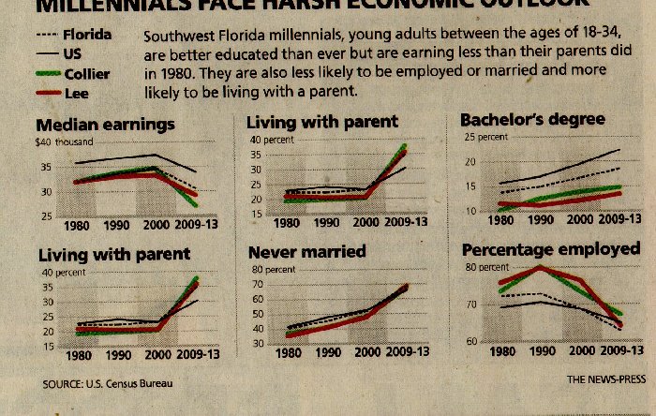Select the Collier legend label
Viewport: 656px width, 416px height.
(86, 73)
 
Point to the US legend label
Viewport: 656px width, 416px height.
(72, 54)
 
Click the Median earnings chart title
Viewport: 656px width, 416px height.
(105, 124)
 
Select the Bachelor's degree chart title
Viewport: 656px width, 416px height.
(532, 119)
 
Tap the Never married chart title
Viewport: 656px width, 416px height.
(306, 252)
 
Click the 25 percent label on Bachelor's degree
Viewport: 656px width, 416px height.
(485, 137)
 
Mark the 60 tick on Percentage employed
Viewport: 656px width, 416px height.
(471, 341)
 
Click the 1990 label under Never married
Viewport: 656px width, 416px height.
(327, 353)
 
